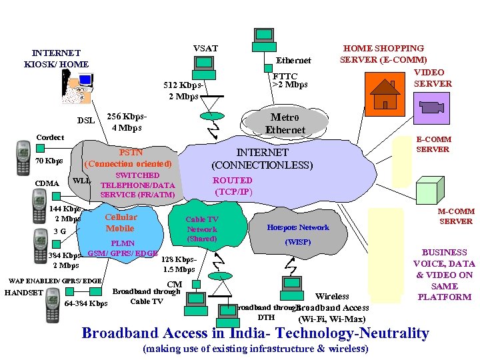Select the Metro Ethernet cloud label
coord(285,124)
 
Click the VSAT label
coord(205,48)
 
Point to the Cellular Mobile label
coord(121,223)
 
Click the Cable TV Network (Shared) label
coord(201,229)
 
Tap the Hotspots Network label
coord(298,227)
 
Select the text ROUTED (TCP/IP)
coord(232,185)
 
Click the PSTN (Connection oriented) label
coord(129,157)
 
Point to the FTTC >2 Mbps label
coord(289,81)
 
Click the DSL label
coord(85,121)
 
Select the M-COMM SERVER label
coord(455,216)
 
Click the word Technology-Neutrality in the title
coord(355,333)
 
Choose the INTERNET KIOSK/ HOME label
coord(56,59)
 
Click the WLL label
coord(81,181)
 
